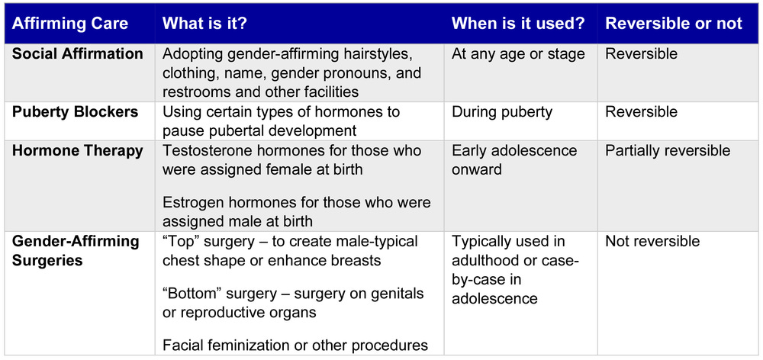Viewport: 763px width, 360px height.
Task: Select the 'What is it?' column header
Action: [x=204, y=24]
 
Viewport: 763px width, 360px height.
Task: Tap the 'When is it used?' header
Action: [x=518, y=24]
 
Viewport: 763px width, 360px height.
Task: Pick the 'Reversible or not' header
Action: [x=674, y=24]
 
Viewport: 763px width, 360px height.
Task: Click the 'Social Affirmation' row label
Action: [x=78, y=54]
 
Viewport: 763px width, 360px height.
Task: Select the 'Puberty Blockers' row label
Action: [x=76, y=112]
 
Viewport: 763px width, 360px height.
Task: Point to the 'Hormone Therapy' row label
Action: [x=78, y=150]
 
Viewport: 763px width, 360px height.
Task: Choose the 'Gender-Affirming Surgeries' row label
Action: [x=76, y=251]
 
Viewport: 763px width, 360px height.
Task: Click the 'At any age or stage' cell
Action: [x=518, y=54]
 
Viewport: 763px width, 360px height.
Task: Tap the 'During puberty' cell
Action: [x=501, y=112]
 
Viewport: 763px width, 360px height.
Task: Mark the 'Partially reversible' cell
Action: [x=668, y=150]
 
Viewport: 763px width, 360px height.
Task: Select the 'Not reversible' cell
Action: [x=652, y=242]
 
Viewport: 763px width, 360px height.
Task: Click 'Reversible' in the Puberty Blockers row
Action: [x=641, y=112]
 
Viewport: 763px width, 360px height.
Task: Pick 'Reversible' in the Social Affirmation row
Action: [x=641, y=54]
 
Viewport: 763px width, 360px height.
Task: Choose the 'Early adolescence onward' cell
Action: [x=514, y=159]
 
